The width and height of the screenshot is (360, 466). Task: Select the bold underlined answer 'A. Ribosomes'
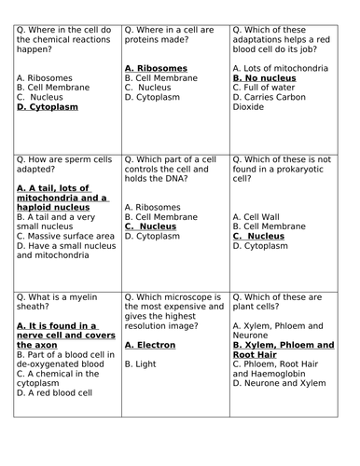(156, 69)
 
